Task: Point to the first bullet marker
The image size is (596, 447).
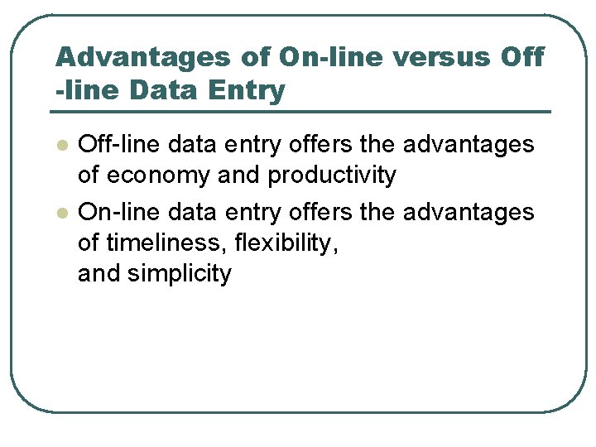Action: [60, 145]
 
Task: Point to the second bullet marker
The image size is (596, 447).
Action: [60, 213]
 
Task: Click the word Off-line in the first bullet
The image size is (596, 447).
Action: [119, 144]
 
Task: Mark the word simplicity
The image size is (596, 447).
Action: [180, 274]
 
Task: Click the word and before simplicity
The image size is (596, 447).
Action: [99, 274]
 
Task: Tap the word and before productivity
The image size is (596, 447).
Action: [240, 175]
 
